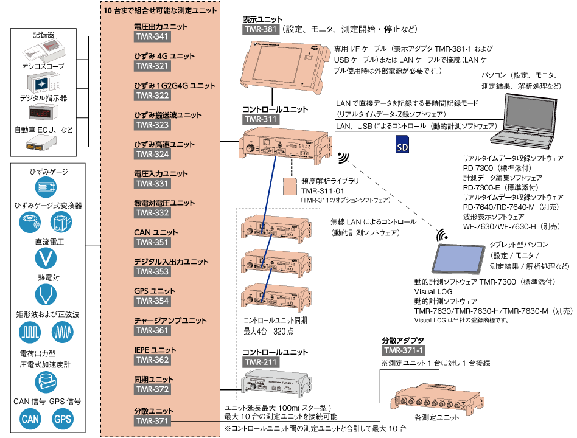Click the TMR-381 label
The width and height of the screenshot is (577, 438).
tap(261, 29)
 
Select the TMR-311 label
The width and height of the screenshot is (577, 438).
tap(261, 119)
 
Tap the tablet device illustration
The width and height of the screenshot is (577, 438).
tap(459, 259)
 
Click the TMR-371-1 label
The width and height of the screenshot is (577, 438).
tap(404, 350)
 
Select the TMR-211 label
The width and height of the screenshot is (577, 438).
tap(261, 363)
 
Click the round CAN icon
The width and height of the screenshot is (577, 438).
tap(30, 419)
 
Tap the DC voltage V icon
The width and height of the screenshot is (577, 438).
tap(46, 259)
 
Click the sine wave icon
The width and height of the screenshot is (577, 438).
tap(63, 332)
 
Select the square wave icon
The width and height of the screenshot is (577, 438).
tap(30, 332)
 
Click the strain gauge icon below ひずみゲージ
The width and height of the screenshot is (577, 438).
tap(46, 186)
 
